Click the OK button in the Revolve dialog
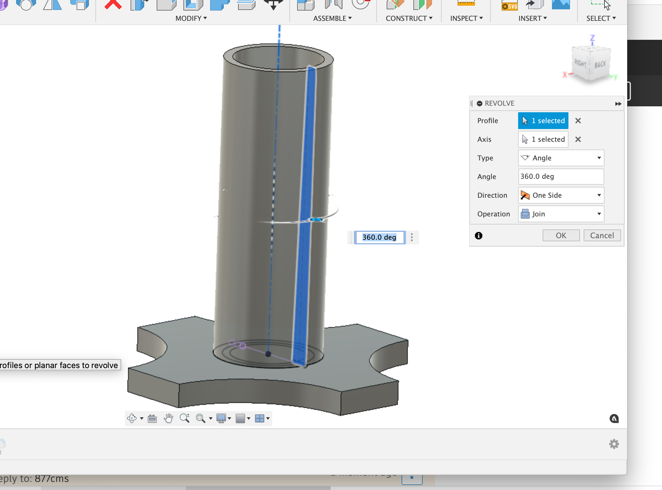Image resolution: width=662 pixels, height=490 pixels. click(x=561, y=235)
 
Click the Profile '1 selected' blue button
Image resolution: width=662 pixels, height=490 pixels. click(x=543, y=121)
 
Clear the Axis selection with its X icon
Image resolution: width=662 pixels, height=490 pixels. click(x=578, y=139)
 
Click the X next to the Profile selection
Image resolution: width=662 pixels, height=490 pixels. click(x=578, y=121)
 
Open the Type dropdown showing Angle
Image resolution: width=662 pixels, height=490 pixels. click(x=561, y=158)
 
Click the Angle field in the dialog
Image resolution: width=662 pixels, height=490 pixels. click(x=561, y=177)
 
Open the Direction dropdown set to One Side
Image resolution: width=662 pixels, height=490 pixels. click(x=561, y=195)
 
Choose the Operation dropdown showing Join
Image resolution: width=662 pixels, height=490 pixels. click(x=561, y=214)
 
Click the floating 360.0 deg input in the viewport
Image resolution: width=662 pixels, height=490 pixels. click(x=379, y=238)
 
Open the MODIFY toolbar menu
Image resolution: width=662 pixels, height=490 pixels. click(x=191, y=18)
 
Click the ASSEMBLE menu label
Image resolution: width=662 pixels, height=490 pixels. click(x=332, y=18)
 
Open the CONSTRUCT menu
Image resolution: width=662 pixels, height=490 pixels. click(x=409, y=18)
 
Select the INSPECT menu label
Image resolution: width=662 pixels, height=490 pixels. click(x=466, y=18)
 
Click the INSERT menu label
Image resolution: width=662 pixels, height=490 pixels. click(x=532, y=18)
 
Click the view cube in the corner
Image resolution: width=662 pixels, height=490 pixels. click(x=591, y=64)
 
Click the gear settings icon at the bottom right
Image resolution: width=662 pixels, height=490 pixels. click(x=614, y=444)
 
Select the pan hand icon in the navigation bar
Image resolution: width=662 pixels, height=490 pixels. click(x=168, y=418)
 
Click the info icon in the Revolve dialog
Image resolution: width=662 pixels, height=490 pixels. click(x=479, y=236)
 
